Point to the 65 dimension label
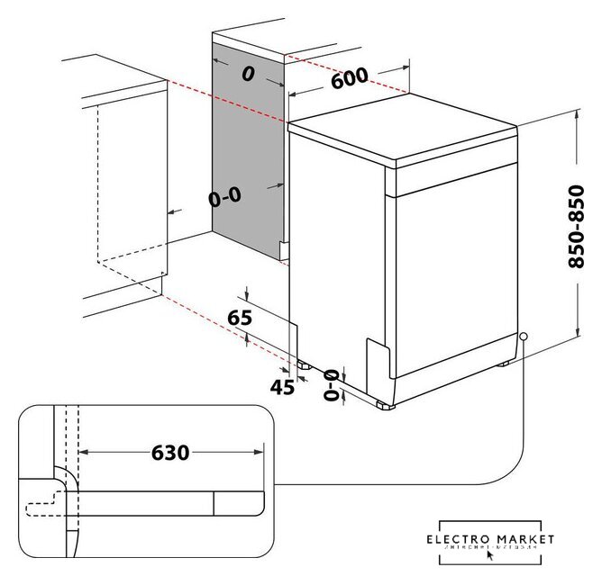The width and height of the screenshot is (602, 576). click(x=239, y=316)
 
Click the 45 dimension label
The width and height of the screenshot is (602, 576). click(x=282, y=387)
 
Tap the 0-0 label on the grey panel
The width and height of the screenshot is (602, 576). click(x=224, y=196)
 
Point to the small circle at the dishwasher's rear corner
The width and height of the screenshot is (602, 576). click(x=523, y=337)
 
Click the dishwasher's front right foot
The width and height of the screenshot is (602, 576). click(x=387, y=405)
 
